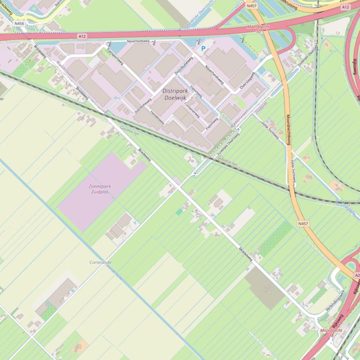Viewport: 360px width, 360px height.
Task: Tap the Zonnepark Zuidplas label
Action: [100, 189]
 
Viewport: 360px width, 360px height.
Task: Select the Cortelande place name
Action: [101, 262]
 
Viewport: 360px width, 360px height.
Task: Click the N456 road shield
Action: [19, 23]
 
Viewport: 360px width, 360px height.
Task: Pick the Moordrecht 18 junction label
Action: [331, 332]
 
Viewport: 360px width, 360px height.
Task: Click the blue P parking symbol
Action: [203, 48]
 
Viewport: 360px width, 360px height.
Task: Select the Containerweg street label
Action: [192, 110]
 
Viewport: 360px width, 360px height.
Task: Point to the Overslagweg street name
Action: [247, 80]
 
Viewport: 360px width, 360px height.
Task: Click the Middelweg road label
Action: [246, 254]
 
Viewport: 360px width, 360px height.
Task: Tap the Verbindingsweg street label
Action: [335, 300]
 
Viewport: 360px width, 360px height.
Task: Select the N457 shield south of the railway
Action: [303, 224]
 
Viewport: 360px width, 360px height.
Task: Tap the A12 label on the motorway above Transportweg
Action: [82, 36]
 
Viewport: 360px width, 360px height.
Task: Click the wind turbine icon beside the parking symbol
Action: [199, 42]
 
